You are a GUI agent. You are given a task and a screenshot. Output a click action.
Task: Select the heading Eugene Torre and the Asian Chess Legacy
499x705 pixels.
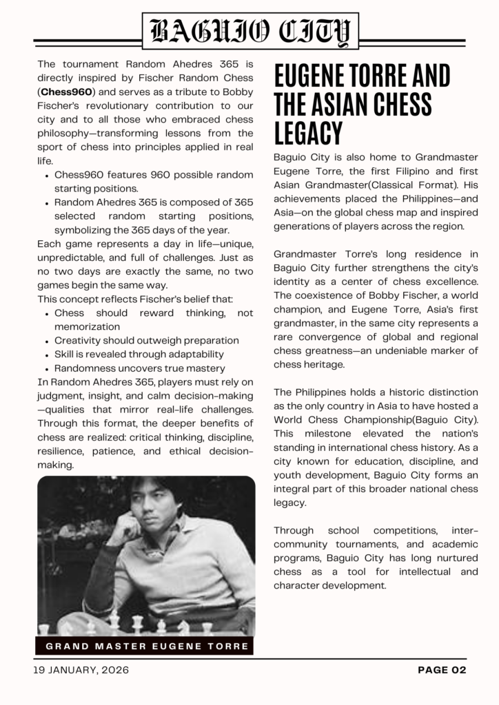coord(362,104)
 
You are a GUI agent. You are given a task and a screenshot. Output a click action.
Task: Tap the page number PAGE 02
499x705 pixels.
coord(442,670)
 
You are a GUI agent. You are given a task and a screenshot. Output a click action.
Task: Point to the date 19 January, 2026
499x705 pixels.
coord(81,670)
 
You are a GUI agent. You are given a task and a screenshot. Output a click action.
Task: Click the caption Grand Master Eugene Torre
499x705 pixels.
coord(147,646)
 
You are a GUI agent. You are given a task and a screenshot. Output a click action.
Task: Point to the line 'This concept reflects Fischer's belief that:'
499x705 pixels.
coord(135,299)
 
